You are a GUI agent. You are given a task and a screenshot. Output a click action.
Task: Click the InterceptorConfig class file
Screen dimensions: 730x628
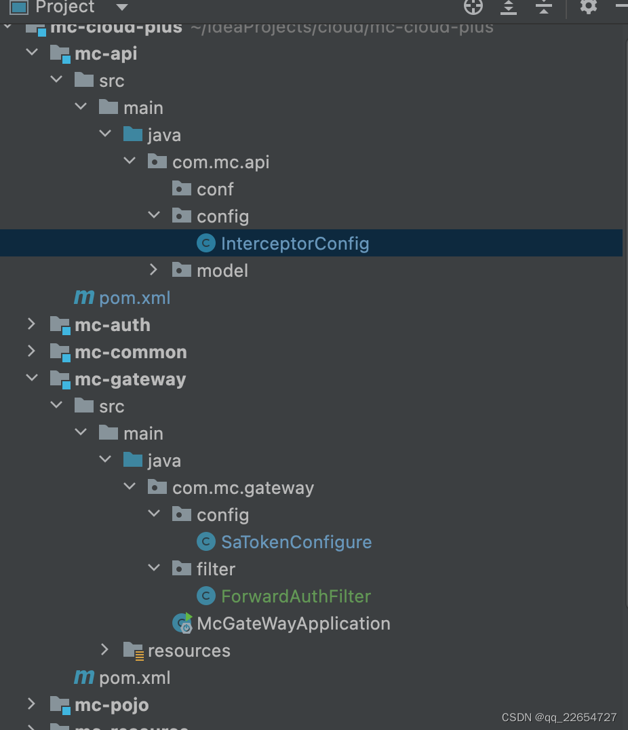(x=294, y=244)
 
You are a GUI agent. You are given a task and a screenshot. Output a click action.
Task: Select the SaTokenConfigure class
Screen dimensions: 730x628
(x=296, y=542)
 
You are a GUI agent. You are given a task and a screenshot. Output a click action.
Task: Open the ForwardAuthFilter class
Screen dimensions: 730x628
(x=296, y=596)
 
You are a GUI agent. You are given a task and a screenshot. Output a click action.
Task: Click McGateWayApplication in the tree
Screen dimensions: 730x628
(x=293, y=623)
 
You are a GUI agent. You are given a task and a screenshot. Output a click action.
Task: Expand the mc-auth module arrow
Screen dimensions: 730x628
(x=31, y=324)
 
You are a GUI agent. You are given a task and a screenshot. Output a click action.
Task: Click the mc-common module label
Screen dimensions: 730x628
(x=130, y=352)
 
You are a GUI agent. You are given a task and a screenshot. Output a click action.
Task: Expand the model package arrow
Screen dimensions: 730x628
(x=154, y=270)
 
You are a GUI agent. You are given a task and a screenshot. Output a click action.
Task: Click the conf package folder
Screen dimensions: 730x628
(x=214, y=189)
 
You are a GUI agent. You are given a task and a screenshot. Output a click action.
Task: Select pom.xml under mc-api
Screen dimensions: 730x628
(x=134, y=298)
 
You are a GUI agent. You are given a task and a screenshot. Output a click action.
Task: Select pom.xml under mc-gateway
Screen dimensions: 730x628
(x=134, y=678)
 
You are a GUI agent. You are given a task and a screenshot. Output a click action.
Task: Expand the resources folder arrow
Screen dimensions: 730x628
(x=105, y=650)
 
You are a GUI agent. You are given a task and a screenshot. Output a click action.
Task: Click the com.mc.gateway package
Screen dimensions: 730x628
(x=243, y=488)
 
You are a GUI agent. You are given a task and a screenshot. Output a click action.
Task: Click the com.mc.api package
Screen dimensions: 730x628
(x=220, y=162)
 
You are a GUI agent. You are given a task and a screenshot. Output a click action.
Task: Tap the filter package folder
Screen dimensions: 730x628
(x=216, y=569)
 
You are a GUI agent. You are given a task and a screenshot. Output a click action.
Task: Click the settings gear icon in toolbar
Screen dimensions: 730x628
(x=588, y=7)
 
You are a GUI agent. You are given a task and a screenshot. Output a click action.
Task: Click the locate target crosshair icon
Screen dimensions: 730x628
(x=473, y=7)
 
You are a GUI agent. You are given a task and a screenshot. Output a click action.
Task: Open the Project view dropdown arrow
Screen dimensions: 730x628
(x=121, y=7)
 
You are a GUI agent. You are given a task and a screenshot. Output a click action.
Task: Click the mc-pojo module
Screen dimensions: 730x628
(x=111, y=705)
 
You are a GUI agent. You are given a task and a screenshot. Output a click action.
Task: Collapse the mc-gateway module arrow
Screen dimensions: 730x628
(x=31, y=379)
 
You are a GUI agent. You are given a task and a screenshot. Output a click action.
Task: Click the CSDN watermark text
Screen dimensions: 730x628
(x=559, y=717)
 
